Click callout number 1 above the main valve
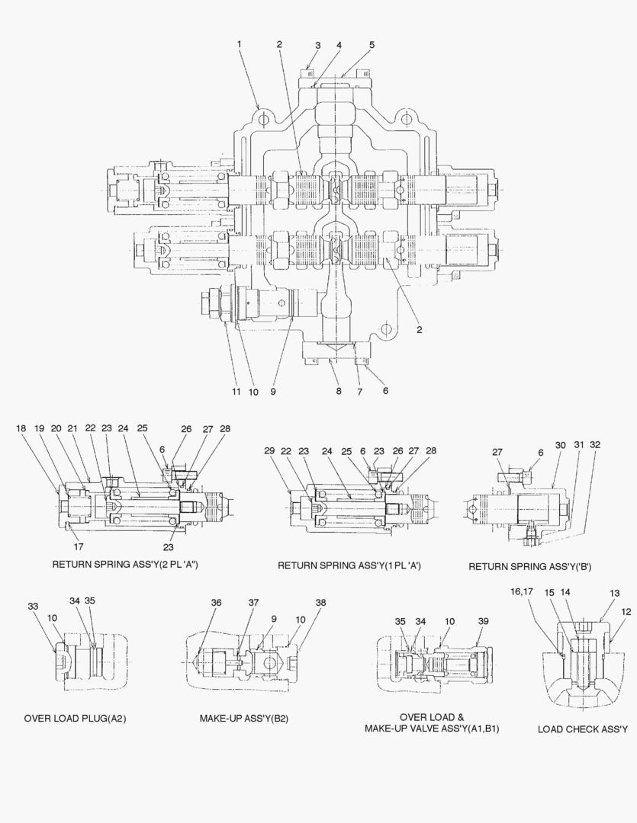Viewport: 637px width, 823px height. (x=239, y=44)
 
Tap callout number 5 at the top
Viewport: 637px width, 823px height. (x=372, y=45)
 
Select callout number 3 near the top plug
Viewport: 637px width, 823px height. (x=319, y=45)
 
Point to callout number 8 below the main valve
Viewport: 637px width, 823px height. (x=338, y=392)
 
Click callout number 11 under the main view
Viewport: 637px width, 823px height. (x=237, y=392)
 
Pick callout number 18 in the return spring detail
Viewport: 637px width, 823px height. (x=21, y=429)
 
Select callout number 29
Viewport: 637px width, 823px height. (x=269, y=451)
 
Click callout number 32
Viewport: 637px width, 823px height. (x=596, y=445)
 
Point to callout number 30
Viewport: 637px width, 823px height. (x=560, y=445)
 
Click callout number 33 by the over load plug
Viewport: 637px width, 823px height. (x=33, y=607)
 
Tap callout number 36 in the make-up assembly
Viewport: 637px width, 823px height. (x=217, y=603)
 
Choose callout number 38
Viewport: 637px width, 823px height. (x=320, y=603)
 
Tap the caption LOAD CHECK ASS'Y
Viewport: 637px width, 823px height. (x=582, y=729)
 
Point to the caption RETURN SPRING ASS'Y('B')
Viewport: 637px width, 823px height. (x=529, y=567)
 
